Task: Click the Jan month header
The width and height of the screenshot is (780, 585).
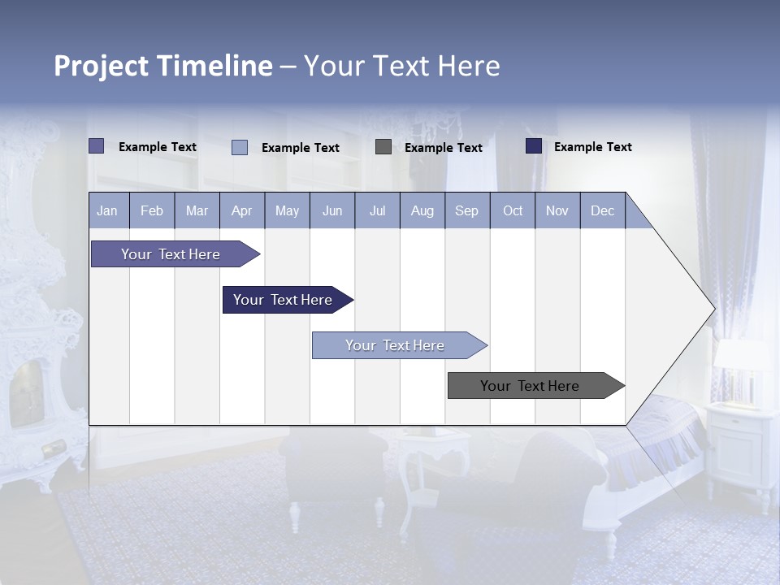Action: (107, 211)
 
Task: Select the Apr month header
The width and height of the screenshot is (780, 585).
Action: (241, 211)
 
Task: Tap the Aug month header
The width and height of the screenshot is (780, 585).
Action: (422, 211)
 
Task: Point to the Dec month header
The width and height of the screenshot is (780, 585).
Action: (602, 211)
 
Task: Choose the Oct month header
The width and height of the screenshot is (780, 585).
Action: (513, 211)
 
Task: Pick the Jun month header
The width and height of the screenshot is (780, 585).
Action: (332, 211)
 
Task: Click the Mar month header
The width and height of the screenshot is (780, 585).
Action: (197, 211)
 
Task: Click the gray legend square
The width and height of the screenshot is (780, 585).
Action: (383, 147)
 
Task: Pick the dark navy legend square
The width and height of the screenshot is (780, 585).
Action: (534, 146)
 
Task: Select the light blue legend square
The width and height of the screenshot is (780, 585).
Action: (240, 147)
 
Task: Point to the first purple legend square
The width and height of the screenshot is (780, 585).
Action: (96, 146)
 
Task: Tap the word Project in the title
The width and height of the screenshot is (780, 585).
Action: (102, 66)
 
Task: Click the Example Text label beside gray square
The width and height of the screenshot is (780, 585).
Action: (443, 148)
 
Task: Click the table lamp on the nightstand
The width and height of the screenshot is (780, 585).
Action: (739, 370)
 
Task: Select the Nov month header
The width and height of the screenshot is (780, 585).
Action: (557, 211)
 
